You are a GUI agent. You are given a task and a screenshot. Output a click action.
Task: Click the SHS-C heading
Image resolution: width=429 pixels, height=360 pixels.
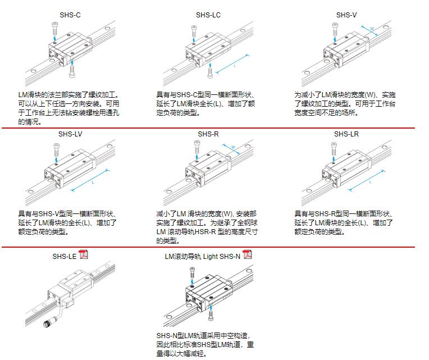(x=70, y=15)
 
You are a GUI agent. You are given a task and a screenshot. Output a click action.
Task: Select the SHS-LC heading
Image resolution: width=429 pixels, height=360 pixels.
(x=208, y=15)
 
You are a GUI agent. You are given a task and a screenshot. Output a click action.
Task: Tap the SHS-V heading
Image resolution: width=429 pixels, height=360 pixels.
(x=346, y=15)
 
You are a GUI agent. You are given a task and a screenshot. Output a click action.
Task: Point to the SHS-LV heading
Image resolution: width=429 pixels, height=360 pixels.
(x=70, y=134)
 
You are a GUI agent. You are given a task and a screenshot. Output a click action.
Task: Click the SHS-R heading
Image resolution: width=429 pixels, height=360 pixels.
(x=208, y=134)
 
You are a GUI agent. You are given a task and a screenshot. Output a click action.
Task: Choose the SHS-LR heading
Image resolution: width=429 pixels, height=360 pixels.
(x=346, y=134)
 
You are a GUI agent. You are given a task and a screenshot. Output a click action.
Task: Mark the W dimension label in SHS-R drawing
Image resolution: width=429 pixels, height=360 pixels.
(x=232, y=148)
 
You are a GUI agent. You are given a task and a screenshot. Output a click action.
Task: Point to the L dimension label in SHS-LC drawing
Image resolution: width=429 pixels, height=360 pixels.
(x=235, y=66)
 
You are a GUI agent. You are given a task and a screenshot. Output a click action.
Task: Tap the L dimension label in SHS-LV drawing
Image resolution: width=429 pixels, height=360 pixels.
(x=92, y=183)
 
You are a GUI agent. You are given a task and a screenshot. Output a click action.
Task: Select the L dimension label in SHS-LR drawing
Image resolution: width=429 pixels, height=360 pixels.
(x=371, y=181)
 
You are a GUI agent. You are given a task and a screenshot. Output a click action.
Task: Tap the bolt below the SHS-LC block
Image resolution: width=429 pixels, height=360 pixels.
(x=209, y=71)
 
